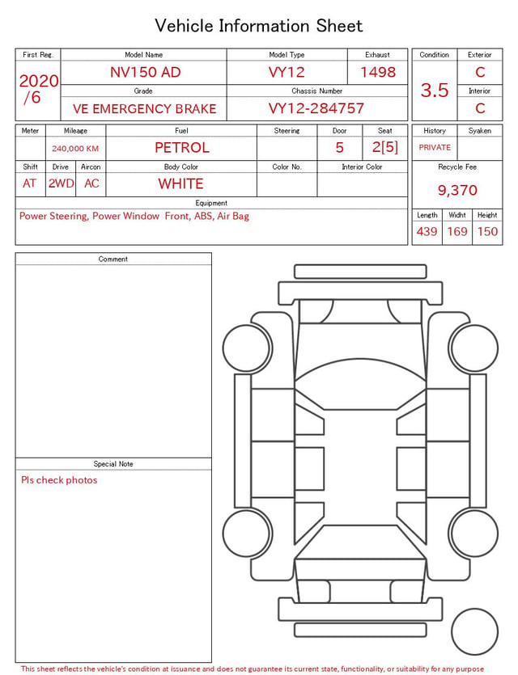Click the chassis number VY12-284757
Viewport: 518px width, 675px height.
point(316,108)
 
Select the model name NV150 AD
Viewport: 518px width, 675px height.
point(145,72)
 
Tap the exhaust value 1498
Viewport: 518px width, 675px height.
point(378,72)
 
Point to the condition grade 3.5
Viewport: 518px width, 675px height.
point(435,91)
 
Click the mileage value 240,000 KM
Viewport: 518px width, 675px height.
point(75,149)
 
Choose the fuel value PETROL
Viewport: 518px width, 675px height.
point(182,148)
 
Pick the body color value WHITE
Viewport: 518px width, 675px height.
point(180,184)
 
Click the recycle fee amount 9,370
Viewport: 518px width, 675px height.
point(457,190)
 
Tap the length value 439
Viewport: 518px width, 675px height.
point(427,231)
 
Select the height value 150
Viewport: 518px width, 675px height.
point(487,231)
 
